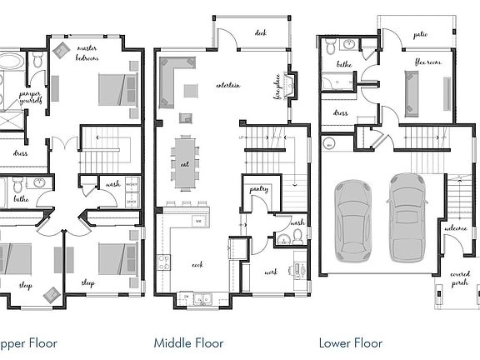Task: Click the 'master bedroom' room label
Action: click(87, 52)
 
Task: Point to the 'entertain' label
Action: click(228, 85)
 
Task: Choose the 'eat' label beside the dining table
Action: click(185, 165)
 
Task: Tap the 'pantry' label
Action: click(257, 190)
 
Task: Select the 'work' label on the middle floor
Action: click(272, 272)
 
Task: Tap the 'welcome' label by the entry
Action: click(456, 229)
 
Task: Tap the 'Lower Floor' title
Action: click(351, 342)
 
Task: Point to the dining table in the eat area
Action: click(184, 158)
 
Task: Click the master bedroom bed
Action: click(117, 88)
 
